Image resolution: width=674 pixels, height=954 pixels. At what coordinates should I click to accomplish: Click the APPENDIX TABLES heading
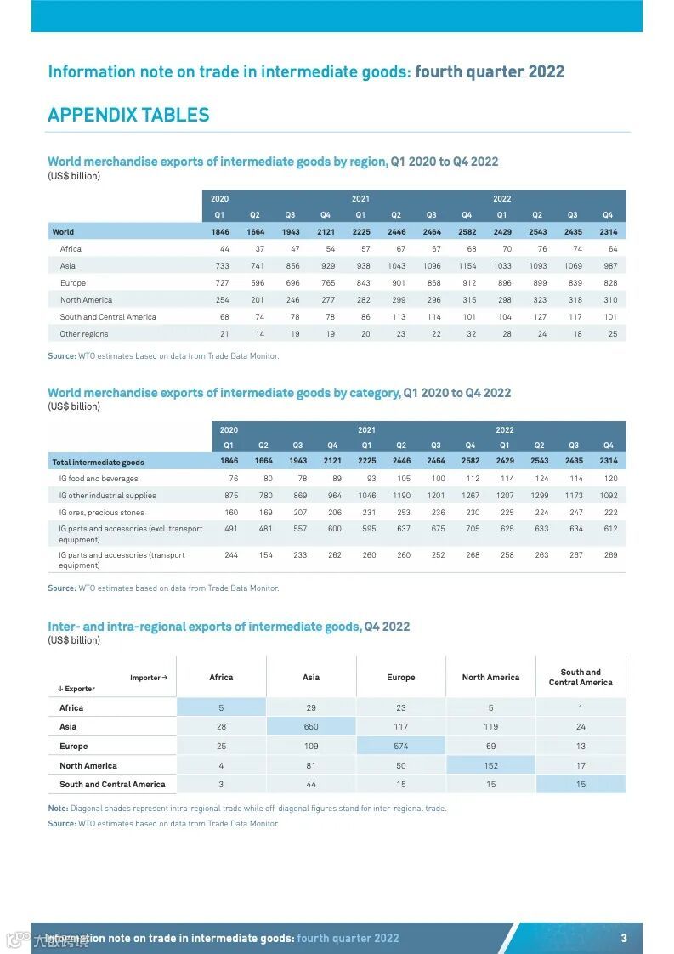(x=128, y=115)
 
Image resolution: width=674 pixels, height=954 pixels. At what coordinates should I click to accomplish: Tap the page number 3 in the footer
(x=624, y=938)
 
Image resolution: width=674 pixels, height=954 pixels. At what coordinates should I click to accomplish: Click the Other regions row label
(x=84, y=334)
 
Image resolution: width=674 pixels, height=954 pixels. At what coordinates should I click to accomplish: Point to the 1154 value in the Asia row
(x=467, y=266)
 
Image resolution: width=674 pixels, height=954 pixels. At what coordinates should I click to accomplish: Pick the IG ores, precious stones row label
(x=101, y=513)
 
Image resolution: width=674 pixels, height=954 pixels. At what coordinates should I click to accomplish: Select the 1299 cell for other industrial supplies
(x=539, y=496)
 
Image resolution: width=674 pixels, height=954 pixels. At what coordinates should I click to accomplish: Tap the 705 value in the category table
(x=472, y=529)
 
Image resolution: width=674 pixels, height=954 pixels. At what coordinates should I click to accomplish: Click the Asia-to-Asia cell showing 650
(x=311, y=726)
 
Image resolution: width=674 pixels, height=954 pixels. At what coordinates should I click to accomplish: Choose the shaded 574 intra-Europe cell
(x=401, y=746)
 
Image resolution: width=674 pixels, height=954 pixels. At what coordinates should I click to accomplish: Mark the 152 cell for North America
(x=490, y=765)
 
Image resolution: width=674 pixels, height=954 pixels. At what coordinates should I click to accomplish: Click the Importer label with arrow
(x=149, y=678)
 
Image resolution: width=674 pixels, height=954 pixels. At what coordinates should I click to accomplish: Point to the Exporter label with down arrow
(x=76, y=689)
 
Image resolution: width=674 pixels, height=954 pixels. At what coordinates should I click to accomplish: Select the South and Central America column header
(x=581, y=677)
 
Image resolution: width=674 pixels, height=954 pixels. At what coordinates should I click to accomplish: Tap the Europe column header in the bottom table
(x=401, y=678)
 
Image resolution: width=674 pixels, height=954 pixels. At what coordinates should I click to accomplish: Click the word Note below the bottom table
(x=58, y=808)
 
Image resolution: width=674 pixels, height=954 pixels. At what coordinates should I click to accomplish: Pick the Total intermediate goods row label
(x=98, y=463)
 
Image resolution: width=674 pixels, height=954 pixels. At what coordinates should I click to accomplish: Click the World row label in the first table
(x=63, y=231)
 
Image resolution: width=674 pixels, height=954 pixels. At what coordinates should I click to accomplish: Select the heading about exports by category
(x=279, y=393)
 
